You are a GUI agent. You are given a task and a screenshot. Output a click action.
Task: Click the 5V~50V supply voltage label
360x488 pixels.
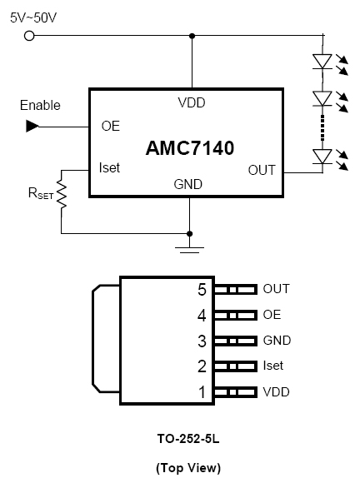(33, 17)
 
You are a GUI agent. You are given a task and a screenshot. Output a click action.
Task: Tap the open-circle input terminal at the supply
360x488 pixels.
(29, 36)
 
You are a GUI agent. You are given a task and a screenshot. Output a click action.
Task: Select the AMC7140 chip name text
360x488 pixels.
(190, 148)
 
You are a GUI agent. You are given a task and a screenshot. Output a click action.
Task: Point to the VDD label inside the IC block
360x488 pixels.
(192, 102)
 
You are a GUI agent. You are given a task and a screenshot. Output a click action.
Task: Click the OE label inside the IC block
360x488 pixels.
(111, 126)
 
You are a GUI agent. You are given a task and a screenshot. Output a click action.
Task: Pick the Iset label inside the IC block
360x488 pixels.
(109, 167)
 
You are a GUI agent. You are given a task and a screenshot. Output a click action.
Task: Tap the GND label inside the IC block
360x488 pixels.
(188, 184)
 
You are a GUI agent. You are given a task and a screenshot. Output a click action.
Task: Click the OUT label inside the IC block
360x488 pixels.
(262, 170)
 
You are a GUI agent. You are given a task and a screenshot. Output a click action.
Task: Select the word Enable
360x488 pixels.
(40, 105)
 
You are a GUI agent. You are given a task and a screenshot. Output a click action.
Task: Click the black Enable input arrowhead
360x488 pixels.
(32, 126)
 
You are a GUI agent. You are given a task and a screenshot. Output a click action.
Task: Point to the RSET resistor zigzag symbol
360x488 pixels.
(62, 194)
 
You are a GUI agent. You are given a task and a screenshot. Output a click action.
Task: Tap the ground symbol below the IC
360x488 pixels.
(189, 250)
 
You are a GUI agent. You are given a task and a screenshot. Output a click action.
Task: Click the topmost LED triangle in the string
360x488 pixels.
(322, 61)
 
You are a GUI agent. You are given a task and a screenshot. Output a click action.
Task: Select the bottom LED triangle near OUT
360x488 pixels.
(322, 157)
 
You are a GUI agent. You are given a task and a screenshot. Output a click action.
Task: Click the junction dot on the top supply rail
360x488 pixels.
(192, 36)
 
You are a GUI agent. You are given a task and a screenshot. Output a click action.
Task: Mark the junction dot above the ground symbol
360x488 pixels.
(189, 234)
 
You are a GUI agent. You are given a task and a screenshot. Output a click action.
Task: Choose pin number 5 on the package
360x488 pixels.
(202, 290)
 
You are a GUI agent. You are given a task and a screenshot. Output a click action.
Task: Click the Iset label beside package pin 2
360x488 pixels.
(273, 366)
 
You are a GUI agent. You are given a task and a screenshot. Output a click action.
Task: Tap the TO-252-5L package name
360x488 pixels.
(188, 439)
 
